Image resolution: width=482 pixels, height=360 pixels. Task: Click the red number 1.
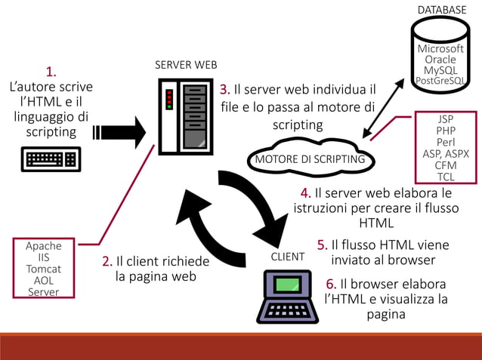tap(51, 72)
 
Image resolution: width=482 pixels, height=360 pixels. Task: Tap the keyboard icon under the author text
tap(51, 159)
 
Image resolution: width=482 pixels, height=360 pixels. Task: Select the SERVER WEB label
tap(186, 65)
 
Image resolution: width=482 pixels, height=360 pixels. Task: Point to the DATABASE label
tap(442, 10)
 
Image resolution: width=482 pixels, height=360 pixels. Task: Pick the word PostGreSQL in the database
tap(442, 81)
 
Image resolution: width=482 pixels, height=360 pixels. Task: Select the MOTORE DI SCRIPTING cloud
tap(310, 159)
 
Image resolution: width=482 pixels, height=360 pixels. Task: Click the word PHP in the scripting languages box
tap(446, 131)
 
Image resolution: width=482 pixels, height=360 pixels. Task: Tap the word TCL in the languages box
tap(446, 177)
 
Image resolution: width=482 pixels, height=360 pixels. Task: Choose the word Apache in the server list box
tap(44, 246)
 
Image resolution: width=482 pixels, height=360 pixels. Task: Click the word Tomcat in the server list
tap(44, 269)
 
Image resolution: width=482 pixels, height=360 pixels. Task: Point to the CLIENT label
tap(287, 257)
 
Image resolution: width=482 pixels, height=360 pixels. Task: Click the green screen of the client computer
tap(288, 285)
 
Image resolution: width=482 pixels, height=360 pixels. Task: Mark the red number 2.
tap(107, 262)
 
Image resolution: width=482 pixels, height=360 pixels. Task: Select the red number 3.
tap(224, 90)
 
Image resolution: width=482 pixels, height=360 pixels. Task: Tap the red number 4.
tap(305, 192)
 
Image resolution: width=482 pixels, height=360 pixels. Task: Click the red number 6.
tap(331, 284)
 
